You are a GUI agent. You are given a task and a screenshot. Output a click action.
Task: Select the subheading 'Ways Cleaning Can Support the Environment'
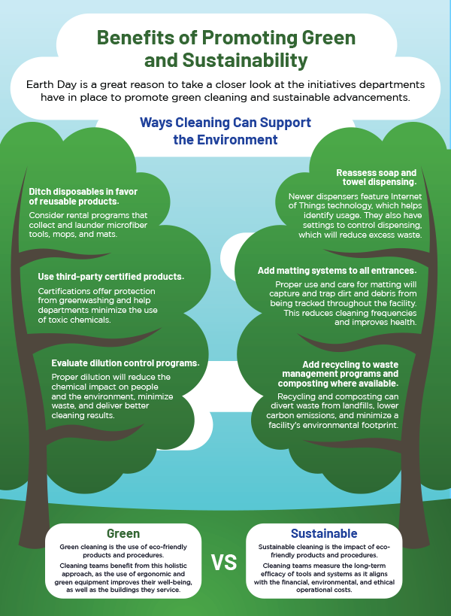coord(225,131)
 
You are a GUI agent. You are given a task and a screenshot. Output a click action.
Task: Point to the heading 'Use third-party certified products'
coord(111,276)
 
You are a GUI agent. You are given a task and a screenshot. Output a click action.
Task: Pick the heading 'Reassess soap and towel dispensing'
coord(374,178)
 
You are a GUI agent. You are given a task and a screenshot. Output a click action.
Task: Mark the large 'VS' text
coord(225,563)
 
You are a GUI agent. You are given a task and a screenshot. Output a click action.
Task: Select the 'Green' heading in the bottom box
coord(123,533)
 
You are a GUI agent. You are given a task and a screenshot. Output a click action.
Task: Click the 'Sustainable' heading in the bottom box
coord(324,533)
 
